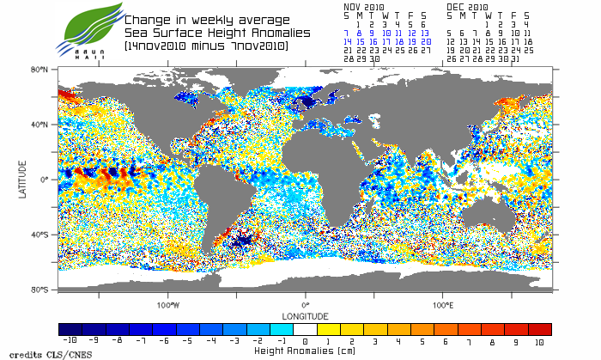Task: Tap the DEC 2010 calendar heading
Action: point(467,6)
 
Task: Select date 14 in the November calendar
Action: point(347,41)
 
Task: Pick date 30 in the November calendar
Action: point(373,58)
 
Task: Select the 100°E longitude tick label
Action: point(442,305)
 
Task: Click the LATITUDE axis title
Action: point(21,179)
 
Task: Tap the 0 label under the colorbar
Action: point(306,342)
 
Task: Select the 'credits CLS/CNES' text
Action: point(34,352)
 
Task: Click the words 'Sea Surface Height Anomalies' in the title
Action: point(205,32)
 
